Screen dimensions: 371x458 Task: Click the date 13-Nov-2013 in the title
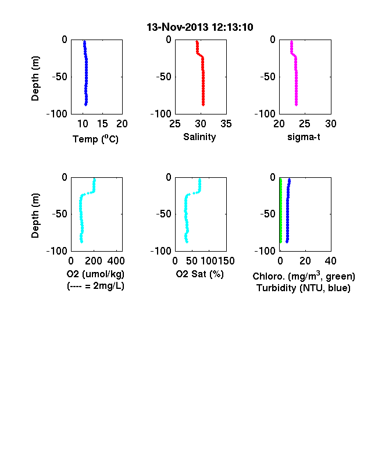[177, 27]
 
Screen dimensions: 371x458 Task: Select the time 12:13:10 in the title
[232, 27]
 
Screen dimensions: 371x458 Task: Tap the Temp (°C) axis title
[95, 139]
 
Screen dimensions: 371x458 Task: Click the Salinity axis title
[199, 137]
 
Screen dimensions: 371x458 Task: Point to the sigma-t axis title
[304, 137]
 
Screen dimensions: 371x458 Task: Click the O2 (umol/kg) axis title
[95, 274]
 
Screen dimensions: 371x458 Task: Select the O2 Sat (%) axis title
[200, 274]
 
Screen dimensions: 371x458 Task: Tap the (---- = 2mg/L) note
[95, 285]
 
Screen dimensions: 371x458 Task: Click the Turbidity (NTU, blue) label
[304, 288]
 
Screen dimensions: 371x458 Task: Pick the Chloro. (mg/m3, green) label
[304, 276]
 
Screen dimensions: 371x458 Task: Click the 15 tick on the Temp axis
[102, 124]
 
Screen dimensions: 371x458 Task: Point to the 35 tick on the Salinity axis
[226, 124]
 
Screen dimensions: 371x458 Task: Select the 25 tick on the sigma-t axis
[304, 124]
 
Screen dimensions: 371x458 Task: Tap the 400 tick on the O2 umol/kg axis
[116, 261]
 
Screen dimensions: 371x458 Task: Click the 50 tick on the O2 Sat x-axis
[192, 261]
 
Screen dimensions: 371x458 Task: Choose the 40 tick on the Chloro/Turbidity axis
[330, 261]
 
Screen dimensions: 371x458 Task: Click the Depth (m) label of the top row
[35, 78]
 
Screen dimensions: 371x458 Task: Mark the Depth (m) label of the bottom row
[35, 216]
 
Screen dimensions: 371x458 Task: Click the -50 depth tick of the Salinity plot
[163, 77]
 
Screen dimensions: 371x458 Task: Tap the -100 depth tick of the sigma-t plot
[265, 113]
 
